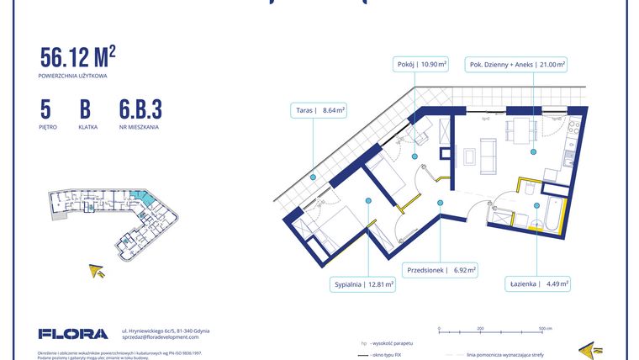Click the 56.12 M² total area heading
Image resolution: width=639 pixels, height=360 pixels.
click(x=78, y=56)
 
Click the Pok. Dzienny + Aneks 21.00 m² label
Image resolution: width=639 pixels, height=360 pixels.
click(x=516, y=64)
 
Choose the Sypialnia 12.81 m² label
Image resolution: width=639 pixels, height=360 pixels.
click(x=364, y=285)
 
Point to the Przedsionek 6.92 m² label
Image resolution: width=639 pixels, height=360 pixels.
click(x=441, y=271)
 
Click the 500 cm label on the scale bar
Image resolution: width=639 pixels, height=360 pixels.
click(x=545, y=329)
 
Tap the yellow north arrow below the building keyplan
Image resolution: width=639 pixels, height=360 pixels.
click(x=98, y=270)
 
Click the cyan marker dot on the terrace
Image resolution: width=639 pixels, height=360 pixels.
click(x=313, y=177)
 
